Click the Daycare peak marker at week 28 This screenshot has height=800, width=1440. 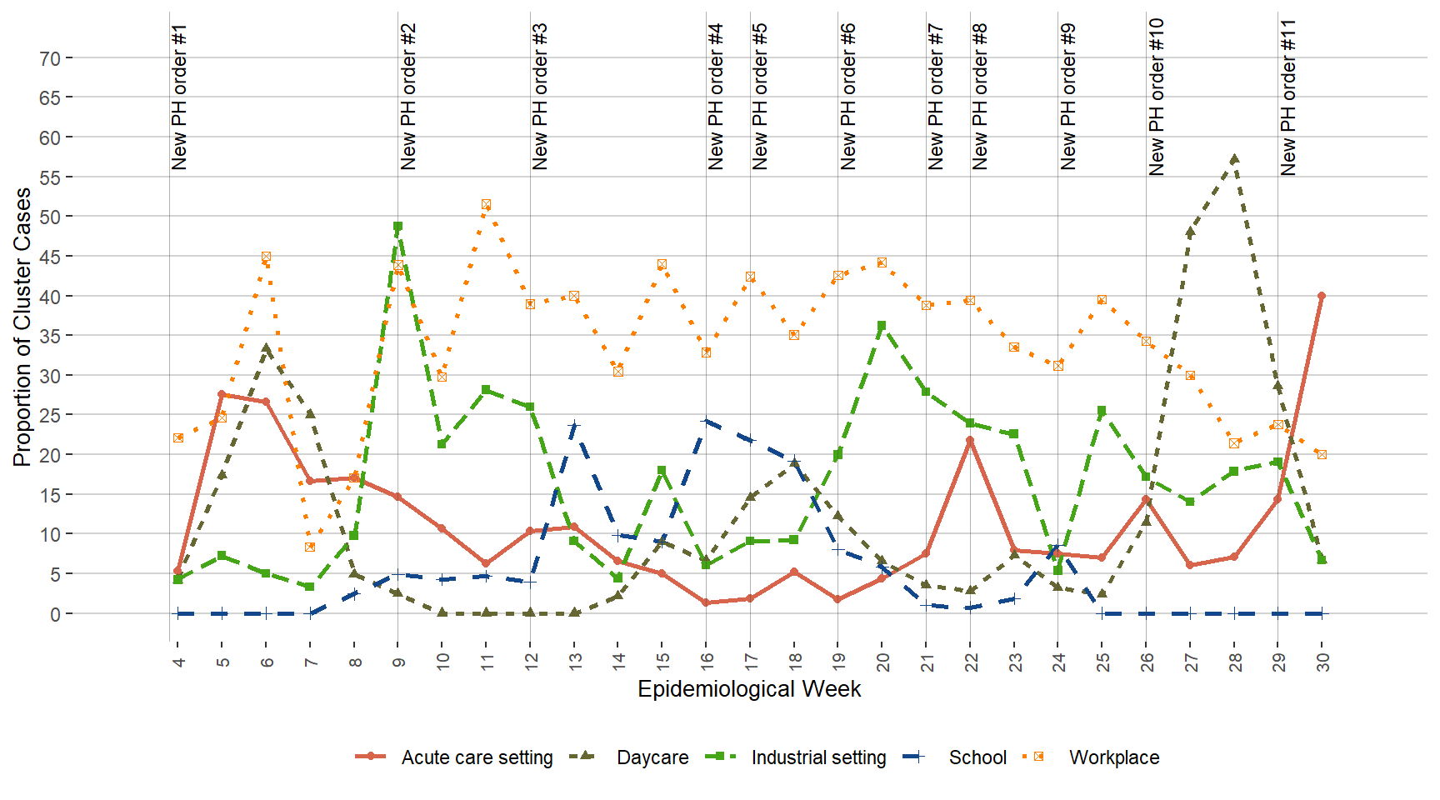tap(1234, 158)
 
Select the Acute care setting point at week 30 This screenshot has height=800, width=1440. tap(1322, 296)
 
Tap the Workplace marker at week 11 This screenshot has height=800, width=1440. tap(486, 204)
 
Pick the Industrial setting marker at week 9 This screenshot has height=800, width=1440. tap(397, 227)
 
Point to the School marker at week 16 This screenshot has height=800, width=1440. tap(706, 422)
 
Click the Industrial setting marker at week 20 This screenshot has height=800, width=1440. tap(882, 326)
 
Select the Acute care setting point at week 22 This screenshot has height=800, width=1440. tap(970, 440)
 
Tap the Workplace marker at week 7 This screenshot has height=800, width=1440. tap(310, 547)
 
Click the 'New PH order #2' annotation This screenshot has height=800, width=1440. tap(407, 97)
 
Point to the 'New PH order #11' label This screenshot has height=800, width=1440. tap(1288, 97)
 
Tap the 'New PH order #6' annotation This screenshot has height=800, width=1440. tap(847, 97)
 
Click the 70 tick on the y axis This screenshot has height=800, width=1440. tap(50, 58)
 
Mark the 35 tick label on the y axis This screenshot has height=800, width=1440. tap(50, 336)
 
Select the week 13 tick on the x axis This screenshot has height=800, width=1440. tap(575, 662)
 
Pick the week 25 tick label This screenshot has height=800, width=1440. tap(1102, 662)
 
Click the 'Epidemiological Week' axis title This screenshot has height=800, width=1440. tap(749, 689)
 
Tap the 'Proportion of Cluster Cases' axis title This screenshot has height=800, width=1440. tap(22, 327)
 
